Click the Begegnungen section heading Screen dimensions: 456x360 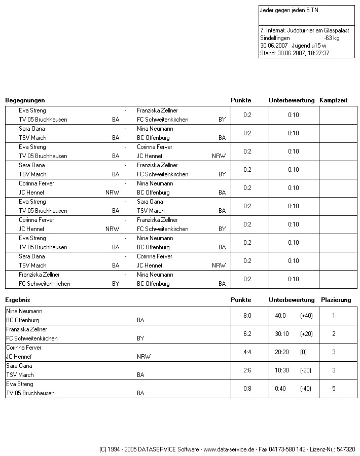pyautogui.click(x=25, y=100)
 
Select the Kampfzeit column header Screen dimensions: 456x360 pyautogui.click(x=333, y=100)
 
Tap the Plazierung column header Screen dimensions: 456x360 pyautogui.click(x=336, y=300)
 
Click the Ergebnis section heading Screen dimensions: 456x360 pyautogui.click(x=18, y=300)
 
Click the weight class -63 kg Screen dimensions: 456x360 pyautogui.click(x=332, y=38)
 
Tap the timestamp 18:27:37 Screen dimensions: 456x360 pyautogui.click(x=317, y=53)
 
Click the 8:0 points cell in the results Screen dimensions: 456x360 pyautogui.click(x=247, y=316)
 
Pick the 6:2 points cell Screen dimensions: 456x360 pyautogui.click(x=247, y=334)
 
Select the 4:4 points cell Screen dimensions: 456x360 pyautogui.click(x=247, y=352)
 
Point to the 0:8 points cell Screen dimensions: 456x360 pyautogui.click(x=247, y=389)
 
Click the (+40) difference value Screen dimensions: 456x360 pyautogui.click(x=306, y=316)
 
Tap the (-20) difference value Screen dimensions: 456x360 pyautogui.click(x=306, y=370)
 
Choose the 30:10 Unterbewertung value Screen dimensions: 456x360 pyautogui.click(x=282, y=334)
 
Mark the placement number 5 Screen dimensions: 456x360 pyautogui.click(x=334, y=389)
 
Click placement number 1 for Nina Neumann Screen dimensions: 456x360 pyautogui.click(x=334, y=316)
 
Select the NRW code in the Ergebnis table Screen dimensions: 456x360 pyautogui.click(x=143, y=357)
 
